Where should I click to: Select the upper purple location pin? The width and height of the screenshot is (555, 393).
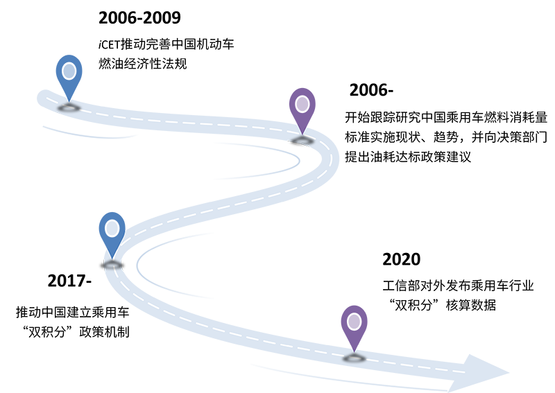tap(302, 107)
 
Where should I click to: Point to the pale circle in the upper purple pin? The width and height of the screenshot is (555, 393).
tap(302, 104)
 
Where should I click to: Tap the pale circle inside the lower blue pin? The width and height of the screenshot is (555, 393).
tap(112, 228)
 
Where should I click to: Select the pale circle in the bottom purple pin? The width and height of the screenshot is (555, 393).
tap(354, 322)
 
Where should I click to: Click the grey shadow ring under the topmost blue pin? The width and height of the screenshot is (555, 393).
tap(69, 107)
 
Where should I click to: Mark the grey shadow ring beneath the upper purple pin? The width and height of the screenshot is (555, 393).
tap(302, 141)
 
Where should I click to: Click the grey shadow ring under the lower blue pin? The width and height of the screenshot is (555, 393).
tap(112, 264)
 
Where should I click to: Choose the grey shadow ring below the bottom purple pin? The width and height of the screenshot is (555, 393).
tap(354, 358)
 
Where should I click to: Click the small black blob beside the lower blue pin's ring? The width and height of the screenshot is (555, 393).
tap(126, 264)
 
